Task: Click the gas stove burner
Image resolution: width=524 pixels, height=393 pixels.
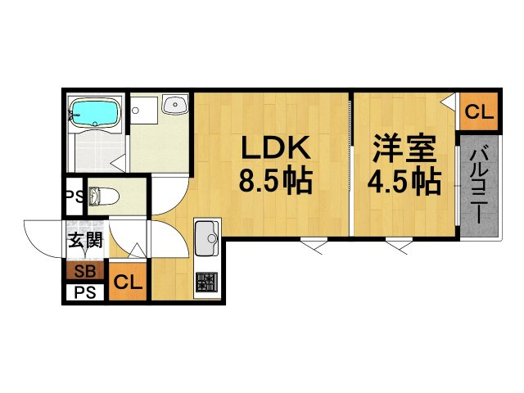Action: point(206,282)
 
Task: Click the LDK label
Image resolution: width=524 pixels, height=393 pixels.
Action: point(273,150)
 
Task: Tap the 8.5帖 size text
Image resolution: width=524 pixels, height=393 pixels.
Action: point(275,180)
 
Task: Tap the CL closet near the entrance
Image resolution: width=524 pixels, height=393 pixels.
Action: point(128,283)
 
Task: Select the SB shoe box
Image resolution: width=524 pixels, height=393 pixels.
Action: point(84,271)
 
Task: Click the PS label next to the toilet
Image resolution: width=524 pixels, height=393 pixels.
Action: point(74,196)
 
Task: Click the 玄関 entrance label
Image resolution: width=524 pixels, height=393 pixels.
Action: point(84,241)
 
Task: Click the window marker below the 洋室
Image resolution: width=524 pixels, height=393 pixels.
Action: point(400,243)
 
